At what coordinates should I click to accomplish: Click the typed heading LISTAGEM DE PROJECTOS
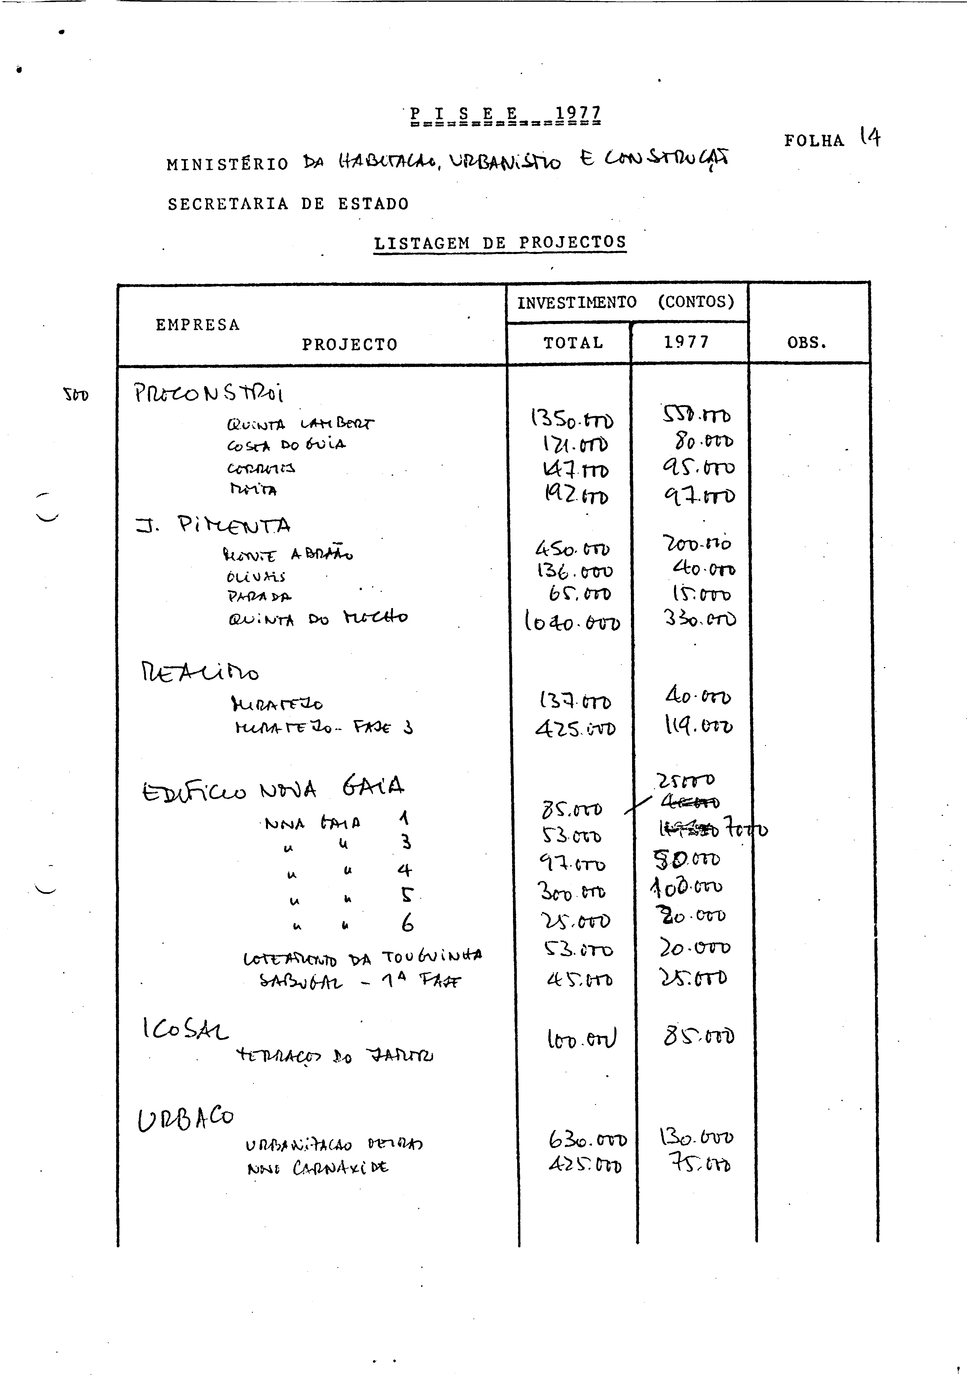pyautogui.click(x=500, y=243)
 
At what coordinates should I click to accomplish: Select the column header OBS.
pyautogui.click(x=807, y=343)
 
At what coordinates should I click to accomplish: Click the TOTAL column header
pyautogui.click(x=573, y=343)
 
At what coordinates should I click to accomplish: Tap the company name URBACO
pyautogui.click(x=186, y=1119)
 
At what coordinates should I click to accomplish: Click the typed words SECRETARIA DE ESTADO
pyautogui.click(x=288, y=204)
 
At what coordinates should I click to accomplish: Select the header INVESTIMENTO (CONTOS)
pyautogui.click(x=626, y=302)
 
